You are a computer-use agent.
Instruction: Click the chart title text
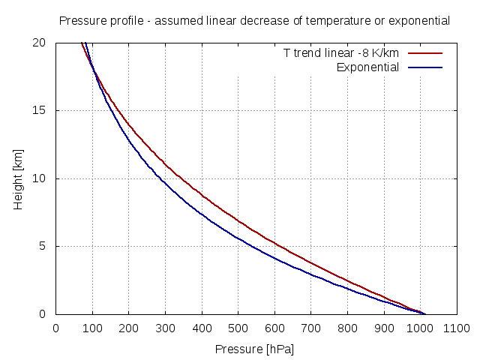pyautogui.click(x=254, y=20)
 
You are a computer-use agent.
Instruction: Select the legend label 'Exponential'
pyautogui.click(x=367, y=67)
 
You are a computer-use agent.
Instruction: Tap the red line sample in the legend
pyautogui.click(x=425, y=54)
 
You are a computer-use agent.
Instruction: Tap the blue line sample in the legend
pyautogui.click(x=425, y=67)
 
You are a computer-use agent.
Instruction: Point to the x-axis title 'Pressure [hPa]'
pyautogui.click(x=254, y=349)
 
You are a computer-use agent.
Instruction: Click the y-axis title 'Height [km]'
pyautogui.click(x=19, y=178)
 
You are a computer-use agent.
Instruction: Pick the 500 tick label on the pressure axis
pyautogui.click(x=238, y=328)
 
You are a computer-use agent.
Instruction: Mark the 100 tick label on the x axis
pyautogui.click(x=92, y=328)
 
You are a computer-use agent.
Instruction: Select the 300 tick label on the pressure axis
pyautogui.click(x=165, y=328)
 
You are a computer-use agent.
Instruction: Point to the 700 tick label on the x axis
pyautogui.click(x=310, y=328)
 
